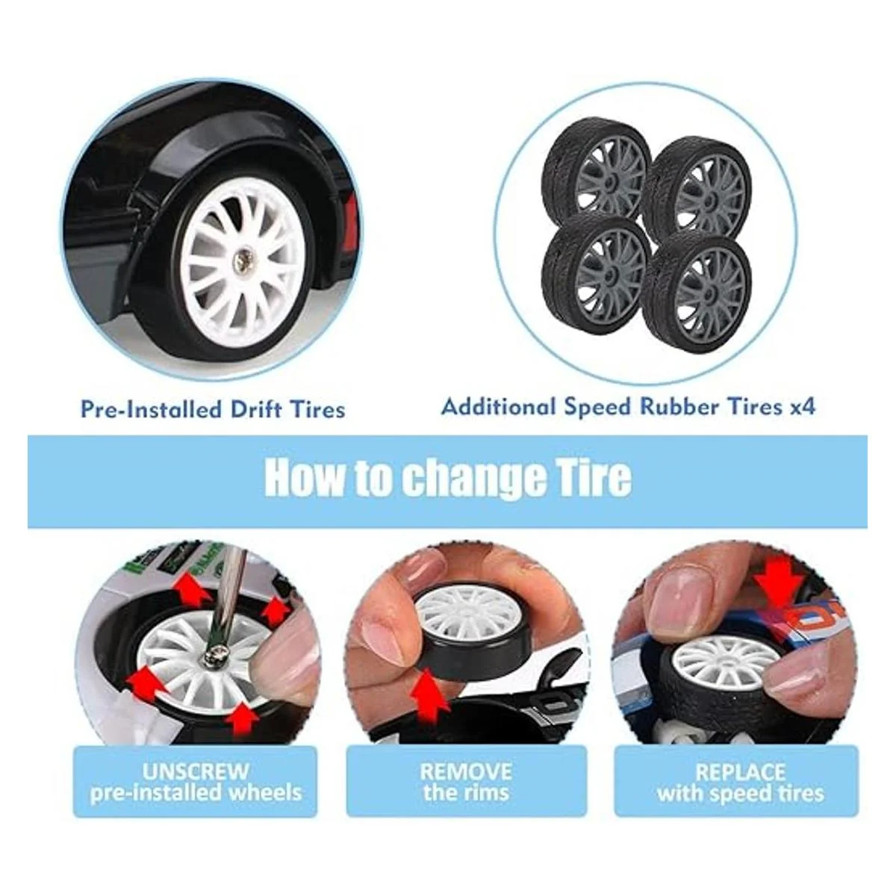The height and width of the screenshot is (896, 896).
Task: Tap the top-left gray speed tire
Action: point(596,172)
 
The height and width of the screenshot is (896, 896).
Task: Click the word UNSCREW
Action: point(196,771)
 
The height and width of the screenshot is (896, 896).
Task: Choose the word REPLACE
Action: point(740,772)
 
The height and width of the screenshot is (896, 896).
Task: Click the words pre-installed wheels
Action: point(196,793)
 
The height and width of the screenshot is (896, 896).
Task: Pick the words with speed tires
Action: point(740,793)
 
